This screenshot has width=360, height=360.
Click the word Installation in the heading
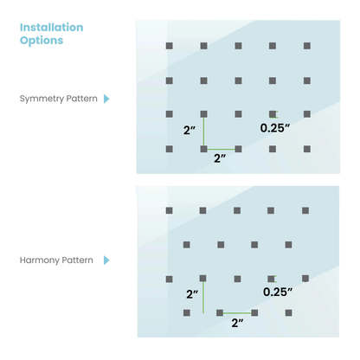tap(51, 28)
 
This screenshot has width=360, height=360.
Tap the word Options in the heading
tap(42, 41)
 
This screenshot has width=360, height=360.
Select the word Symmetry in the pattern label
tap(42, 99)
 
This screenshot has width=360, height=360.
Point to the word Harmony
tap(40, 260)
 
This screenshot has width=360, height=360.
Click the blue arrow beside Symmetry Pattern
tap(106, 99)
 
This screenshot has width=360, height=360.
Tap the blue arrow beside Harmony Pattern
tap(106, 260)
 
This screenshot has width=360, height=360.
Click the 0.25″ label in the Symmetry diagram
tap(274, 128)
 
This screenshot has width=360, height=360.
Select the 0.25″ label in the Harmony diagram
tap(278, 292)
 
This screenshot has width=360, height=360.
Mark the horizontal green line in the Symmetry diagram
tap(221, 149)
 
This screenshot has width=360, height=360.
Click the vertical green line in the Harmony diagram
tap(203, 297)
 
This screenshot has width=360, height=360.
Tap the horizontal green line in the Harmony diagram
tap(237, 313)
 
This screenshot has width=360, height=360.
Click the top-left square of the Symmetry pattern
tap(170, 46)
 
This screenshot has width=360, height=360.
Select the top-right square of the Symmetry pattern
tap(307, 46)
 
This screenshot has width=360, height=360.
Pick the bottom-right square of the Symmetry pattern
tap(307, 149)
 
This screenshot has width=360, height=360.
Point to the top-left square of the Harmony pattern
tap(170, 210)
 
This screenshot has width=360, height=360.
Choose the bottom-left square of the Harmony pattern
tap(187, 313)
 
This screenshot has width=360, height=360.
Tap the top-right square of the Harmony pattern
tap(305, 210)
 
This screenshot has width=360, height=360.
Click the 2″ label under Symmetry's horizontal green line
tap(220, 158)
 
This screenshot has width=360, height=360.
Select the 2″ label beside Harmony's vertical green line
tap(192, 294)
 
